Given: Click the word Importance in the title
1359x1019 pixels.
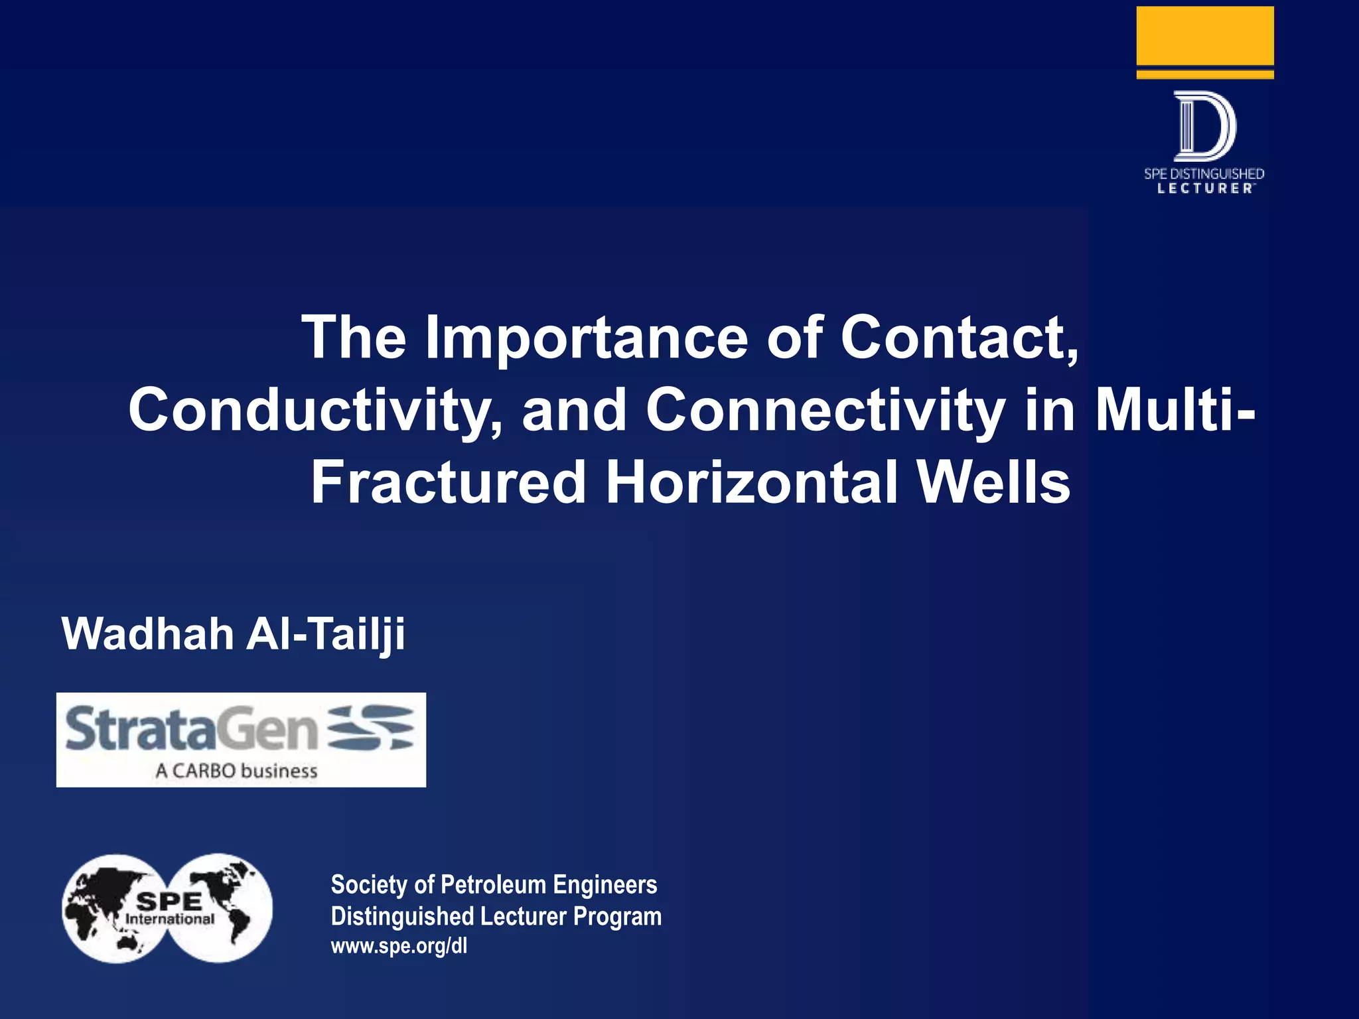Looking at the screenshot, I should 586,338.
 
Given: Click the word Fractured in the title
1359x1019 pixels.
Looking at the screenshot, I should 449,483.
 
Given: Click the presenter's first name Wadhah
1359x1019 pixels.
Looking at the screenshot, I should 147,634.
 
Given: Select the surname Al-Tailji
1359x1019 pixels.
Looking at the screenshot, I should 325,634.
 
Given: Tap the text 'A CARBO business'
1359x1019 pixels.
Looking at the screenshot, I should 236,771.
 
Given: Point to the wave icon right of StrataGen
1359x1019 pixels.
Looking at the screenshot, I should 372,728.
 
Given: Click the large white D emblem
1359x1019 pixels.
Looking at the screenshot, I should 1204,126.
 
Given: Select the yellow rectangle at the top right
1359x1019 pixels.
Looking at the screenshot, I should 1204,36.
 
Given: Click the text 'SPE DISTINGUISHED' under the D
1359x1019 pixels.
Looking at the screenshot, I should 1204,174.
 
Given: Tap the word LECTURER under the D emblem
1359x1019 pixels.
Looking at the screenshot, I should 1204,188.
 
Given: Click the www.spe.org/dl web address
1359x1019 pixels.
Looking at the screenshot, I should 399,945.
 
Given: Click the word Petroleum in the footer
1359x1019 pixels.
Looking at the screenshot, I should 494,885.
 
